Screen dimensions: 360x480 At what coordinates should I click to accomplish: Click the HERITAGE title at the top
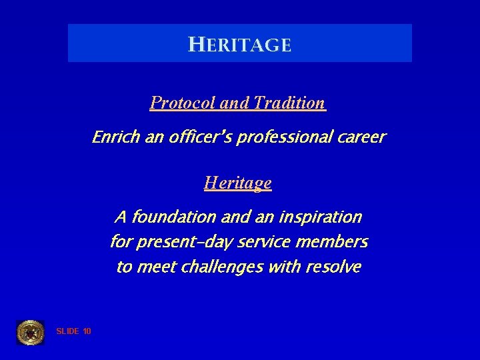tap(240, 45)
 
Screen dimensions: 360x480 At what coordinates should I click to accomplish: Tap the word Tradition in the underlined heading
tap(289, 103)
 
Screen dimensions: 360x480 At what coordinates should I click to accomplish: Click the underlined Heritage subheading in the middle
tap(238, 182)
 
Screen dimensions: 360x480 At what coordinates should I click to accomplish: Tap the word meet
tap(153, 267)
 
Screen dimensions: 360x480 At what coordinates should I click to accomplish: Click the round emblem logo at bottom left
tap(30, 332)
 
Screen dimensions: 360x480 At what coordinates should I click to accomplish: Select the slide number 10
tap(87, 331)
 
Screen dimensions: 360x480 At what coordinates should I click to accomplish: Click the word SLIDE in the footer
tap(68, 331)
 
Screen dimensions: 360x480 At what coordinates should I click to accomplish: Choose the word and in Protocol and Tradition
tap(233, 103)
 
